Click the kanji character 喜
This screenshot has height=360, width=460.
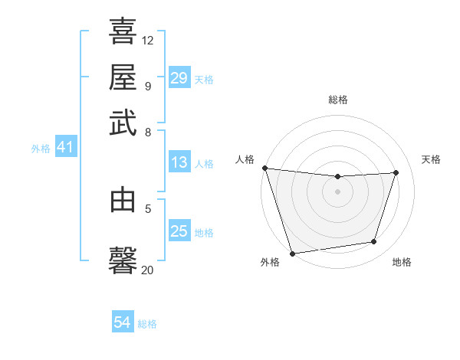pos(123,32)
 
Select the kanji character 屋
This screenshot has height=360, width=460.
pos(123,77)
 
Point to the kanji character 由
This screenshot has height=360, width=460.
pos(123,201)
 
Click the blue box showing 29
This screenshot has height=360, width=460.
pos(179,78)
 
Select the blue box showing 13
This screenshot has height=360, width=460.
pos(179,162)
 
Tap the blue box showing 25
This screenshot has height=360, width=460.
pos(179,231)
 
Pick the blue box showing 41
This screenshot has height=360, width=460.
pos(65,148)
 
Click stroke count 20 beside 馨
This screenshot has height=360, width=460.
pos(148,270)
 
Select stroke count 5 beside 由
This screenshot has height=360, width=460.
pos(148,207)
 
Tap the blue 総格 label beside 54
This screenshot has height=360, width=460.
pos(147,324)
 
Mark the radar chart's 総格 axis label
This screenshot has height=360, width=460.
pos(338,100)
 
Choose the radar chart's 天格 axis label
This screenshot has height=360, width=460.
pos(431,159)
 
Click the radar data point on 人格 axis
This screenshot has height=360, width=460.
pos(264,168)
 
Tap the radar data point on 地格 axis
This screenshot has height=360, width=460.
pos(374,242)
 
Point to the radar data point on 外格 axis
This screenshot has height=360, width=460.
pos(292,253)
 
